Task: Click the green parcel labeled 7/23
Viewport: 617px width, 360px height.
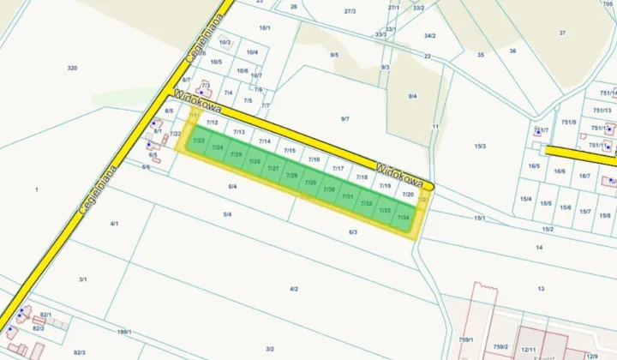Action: [199, 139]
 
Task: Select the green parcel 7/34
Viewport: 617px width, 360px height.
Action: [404, 218]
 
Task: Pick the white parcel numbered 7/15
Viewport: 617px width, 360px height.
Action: [290, 151]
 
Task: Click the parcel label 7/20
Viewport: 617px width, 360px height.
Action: [408, 195]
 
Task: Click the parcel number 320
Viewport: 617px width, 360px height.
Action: [72, 68]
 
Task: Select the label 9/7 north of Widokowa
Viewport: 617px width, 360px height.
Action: [344, 119]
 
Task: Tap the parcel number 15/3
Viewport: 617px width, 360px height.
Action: [480, 147]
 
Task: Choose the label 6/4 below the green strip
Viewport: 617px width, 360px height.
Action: [232, 186]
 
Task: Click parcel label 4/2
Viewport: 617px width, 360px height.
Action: [293, 289]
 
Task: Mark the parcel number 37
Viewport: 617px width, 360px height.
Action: [562, 33]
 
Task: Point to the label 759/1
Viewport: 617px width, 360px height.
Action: [465, 339]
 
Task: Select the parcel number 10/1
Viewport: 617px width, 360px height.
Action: [265, 28]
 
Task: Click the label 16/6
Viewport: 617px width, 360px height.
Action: [560, 171]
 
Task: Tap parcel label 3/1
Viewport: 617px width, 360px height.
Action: [83, 279]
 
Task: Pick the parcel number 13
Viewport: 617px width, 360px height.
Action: [541, 289]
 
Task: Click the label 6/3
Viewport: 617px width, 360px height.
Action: [352, 231]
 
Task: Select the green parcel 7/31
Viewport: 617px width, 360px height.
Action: [348, 196]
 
